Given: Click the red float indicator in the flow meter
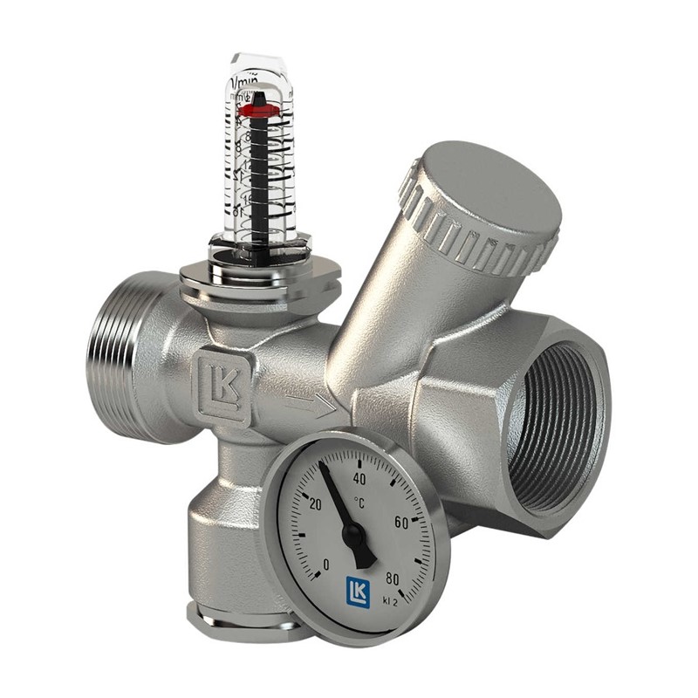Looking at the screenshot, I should point(259,110).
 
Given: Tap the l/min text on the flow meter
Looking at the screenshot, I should point(248,83).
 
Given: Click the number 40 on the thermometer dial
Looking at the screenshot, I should point(358,477).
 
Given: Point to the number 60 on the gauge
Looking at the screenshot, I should point(401,522).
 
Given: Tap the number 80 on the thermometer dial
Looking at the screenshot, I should point(392,577).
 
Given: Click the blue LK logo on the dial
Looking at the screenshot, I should point(358,591).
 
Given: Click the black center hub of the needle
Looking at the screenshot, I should point(356,535).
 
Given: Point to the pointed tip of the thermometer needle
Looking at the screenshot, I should point(320,464).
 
